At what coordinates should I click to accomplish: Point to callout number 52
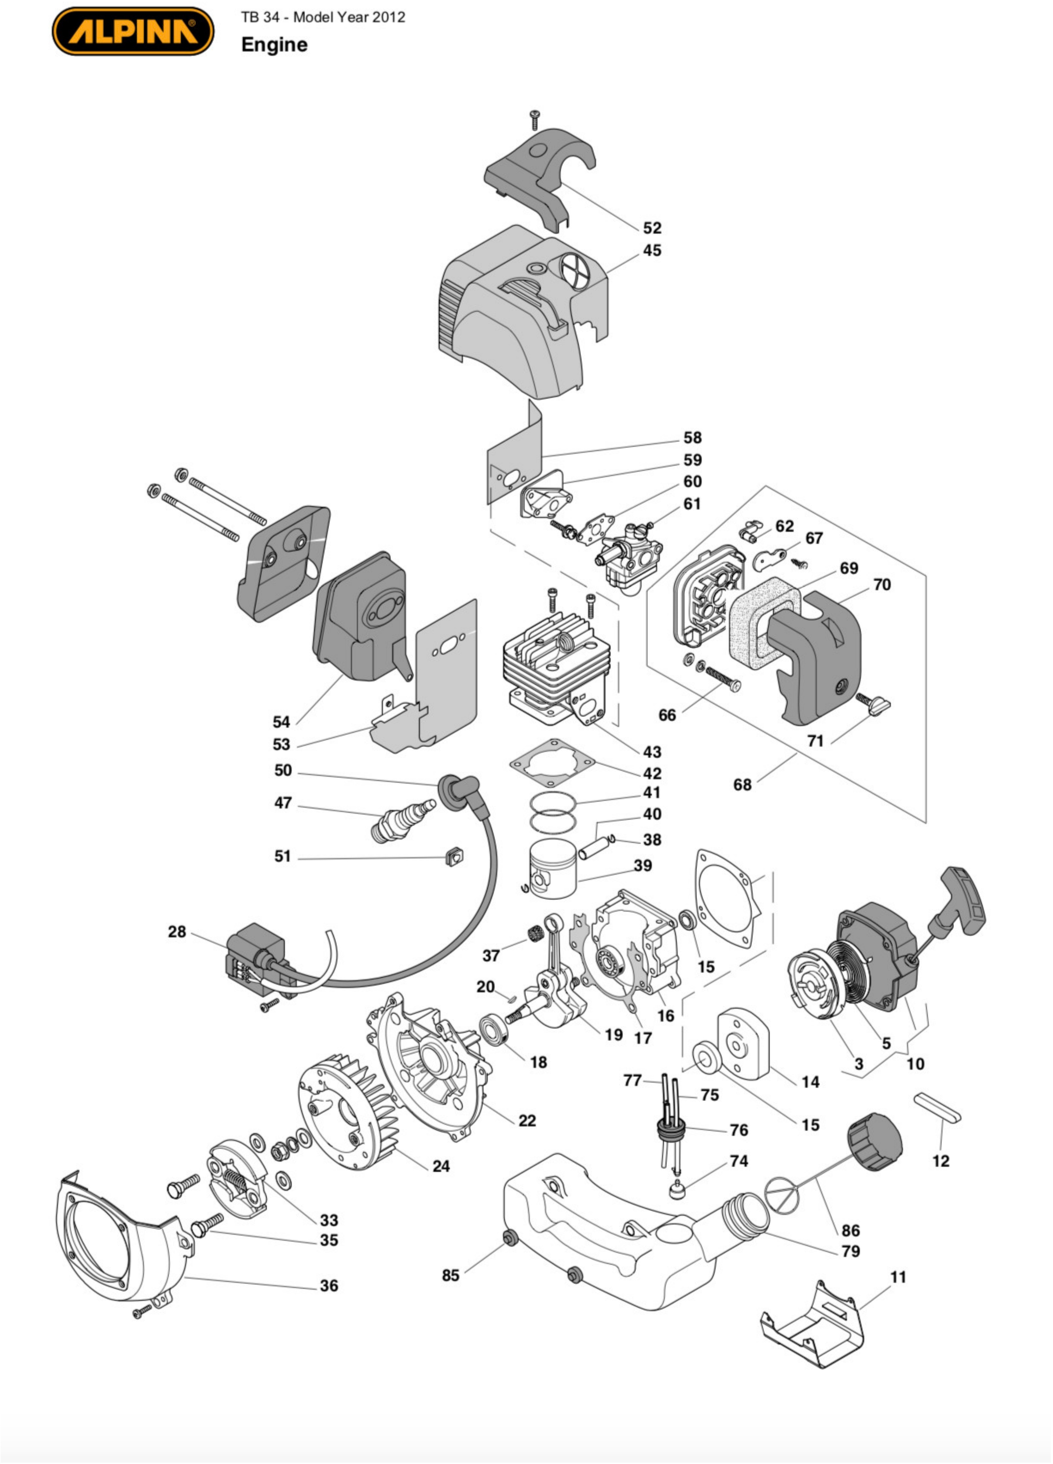(652, 228)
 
